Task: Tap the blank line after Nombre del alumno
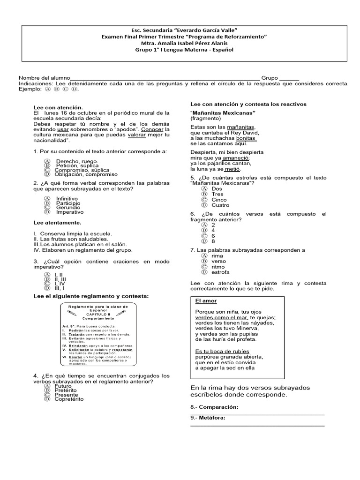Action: pos(164,79)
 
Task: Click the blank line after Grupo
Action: pos(289,79)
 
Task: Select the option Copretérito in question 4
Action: pos(68,399)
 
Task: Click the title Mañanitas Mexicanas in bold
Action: pos(223,113)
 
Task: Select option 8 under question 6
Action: pos(213,241)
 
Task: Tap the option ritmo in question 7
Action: pos(218,266)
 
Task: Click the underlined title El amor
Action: pos(206,301)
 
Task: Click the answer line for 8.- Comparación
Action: pos(257,413)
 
